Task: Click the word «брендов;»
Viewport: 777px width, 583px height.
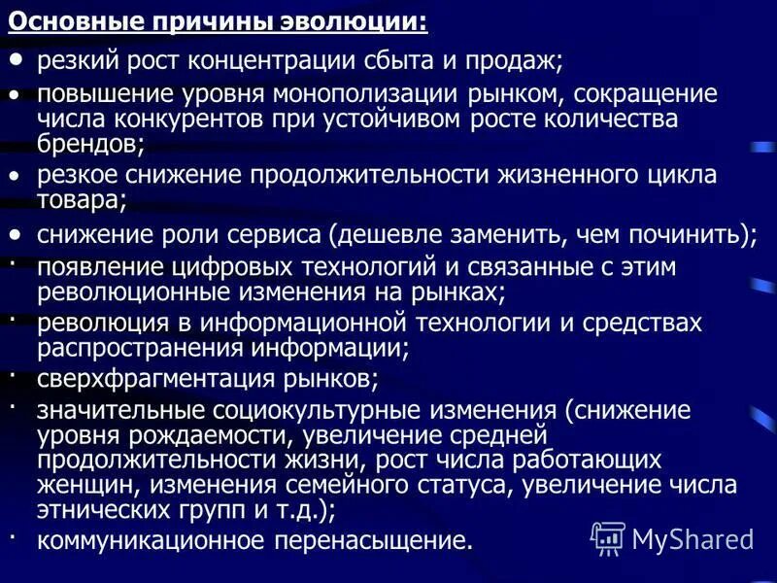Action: (x=91, y=144)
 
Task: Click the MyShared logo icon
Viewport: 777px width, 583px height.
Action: (x=609, y=535)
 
